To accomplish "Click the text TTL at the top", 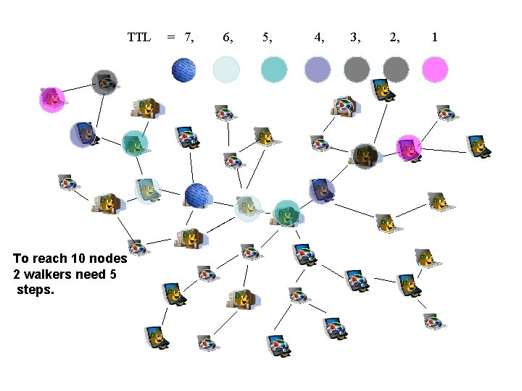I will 138,37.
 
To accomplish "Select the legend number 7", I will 188,37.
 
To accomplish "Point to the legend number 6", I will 227,37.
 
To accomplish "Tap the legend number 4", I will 318,37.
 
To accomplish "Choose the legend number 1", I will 434,37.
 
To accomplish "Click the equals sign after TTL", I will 171,37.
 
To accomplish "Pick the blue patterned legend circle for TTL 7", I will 184,70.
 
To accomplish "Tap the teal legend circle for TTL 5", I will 274,70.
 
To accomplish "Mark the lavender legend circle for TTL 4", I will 318,70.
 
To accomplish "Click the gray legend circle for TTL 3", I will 357,70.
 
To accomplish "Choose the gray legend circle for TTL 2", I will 396,70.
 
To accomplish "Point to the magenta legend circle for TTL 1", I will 435,70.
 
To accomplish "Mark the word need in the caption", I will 93,274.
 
